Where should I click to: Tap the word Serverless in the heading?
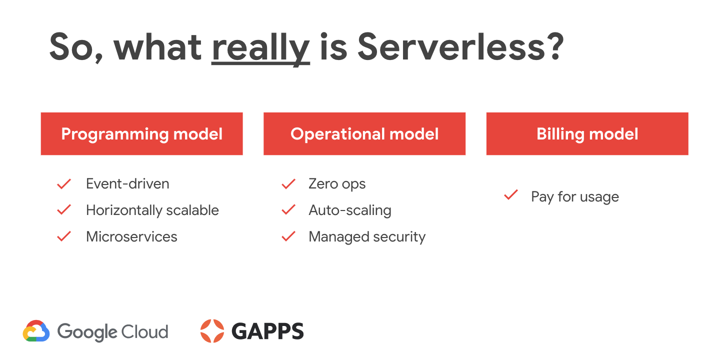pos(451,47)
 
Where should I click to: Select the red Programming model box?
pos(141,133)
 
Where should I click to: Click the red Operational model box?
pos(364,133)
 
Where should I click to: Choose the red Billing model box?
pos(587,133)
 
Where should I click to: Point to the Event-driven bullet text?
pos(127,183)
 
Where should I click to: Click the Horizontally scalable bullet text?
pos(152,210)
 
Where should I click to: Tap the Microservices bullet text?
pos(131,236)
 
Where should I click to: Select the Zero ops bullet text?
pos(337,184)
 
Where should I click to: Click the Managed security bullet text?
pos(367,237)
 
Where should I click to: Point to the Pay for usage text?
pos(575,197)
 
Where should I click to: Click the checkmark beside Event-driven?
pos(64,184)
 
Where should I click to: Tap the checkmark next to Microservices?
pos(64,236)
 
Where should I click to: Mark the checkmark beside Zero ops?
pos(288,184)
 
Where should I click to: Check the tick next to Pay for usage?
pos(511,194)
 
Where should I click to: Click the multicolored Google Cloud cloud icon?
pos(36,331)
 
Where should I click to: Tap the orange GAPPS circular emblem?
pos(212,331)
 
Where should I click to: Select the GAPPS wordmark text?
pos(267,331)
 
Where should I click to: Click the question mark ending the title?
pos(555,47)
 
